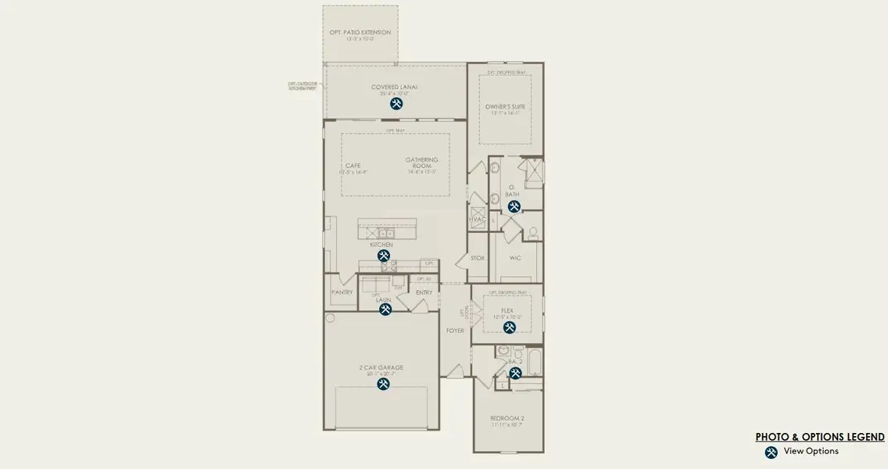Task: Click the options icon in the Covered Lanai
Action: pyautogui.click(x=396, y=103)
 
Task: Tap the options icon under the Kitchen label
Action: pyautogui.click(x=384, y=256)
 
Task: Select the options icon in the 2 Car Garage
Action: pyautogui.click(x=384, y=384)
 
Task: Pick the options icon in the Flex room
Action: pyautogui.click(x=510, y=328)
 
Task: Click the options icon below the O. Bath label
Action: pyautogui.click(x=514, y=206)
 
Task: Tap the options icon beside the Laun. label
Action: pyautogui.click(x=385, y=310)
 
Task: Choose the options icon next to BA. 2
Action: pyautogui.click(x=515, y=374)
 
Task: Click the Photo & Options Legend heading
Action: pyautogui.click(x=820, y=437)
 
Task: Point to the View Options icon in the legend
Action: pyautogui.click(x=771, y=452)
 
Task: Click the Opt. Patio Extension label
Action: pyautogui.click(x=360, y=33)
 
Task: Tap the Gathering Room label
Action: pyautogui.click(x=421, y=163)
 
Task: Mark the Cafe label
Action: pyautogui.click(x=353, y=166)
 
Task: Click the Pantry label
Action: pyautogui.click(x=342, y=292)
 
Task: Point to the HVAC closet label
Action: pyautogui.click(x=477, y=220)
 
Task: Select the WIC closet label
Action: pyautogui.click(x=515, y=257)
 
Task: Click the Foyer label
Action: pyautogui.click(x=455, y=331)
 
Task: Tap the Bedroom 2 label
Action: pyautogui.click(x=507, y=418)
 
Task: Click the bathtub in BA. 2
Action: pyautogui.click(x=535, y=364)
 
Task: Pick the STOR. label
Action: pyautogui.click(x=478, y=257)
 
